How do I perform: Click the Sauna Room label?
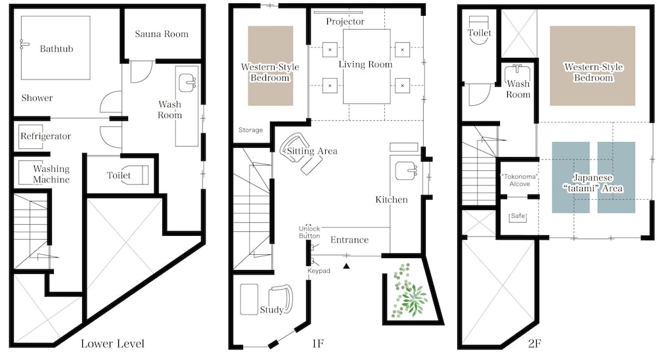[x=162, y=34]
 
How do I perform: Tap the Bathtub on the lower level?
[x=56, y=48]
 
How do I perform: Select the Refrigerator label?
[x=46, y=136]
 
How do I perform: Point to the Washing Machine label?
[x=51, y=174]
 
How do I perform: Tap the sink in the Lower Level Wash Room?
[x=187, y=83]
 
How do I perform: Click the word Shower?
[x=37, y=98]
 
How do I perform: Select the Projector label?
[x=346, y=22]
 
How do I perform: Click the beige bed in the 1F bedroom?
[x=270, y=66]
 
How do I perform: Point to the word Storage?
[x=250, y=130]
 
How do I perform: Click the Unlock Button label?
[x=309, y=232]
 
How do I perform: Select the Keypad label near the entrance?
[x=319, y=271]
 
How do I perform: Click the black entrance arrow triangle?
[x=346, y=265]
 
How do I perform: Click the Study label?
[x=271, y=309]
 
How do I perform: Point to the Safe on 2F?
[x=518, y=217]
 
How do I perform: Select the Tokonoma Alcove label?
[x=520, y=180]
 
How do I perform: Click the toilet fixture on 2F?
[x=479, y=30]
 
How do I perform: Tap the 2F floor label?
[x=534, y=344]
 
